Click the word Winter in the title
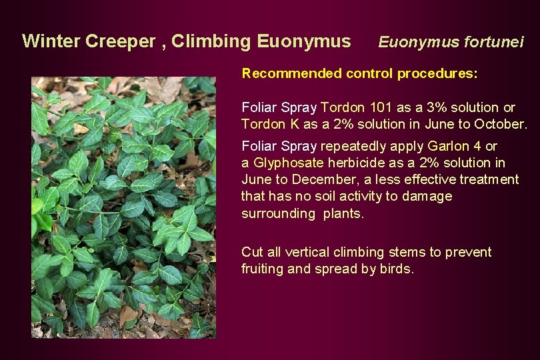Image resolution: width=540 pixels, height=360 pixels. tap(51, 41)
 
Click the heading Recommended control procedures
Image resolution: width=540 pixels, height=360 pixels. tap(359, 73)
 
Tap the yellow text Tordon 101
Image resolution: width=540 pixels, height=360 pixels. tap(353, 107)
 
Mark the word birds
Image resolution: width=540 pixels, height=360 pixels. tap(399, 269)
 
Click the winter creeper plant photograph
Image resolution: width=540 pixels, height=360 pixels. tap(123, 207)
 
